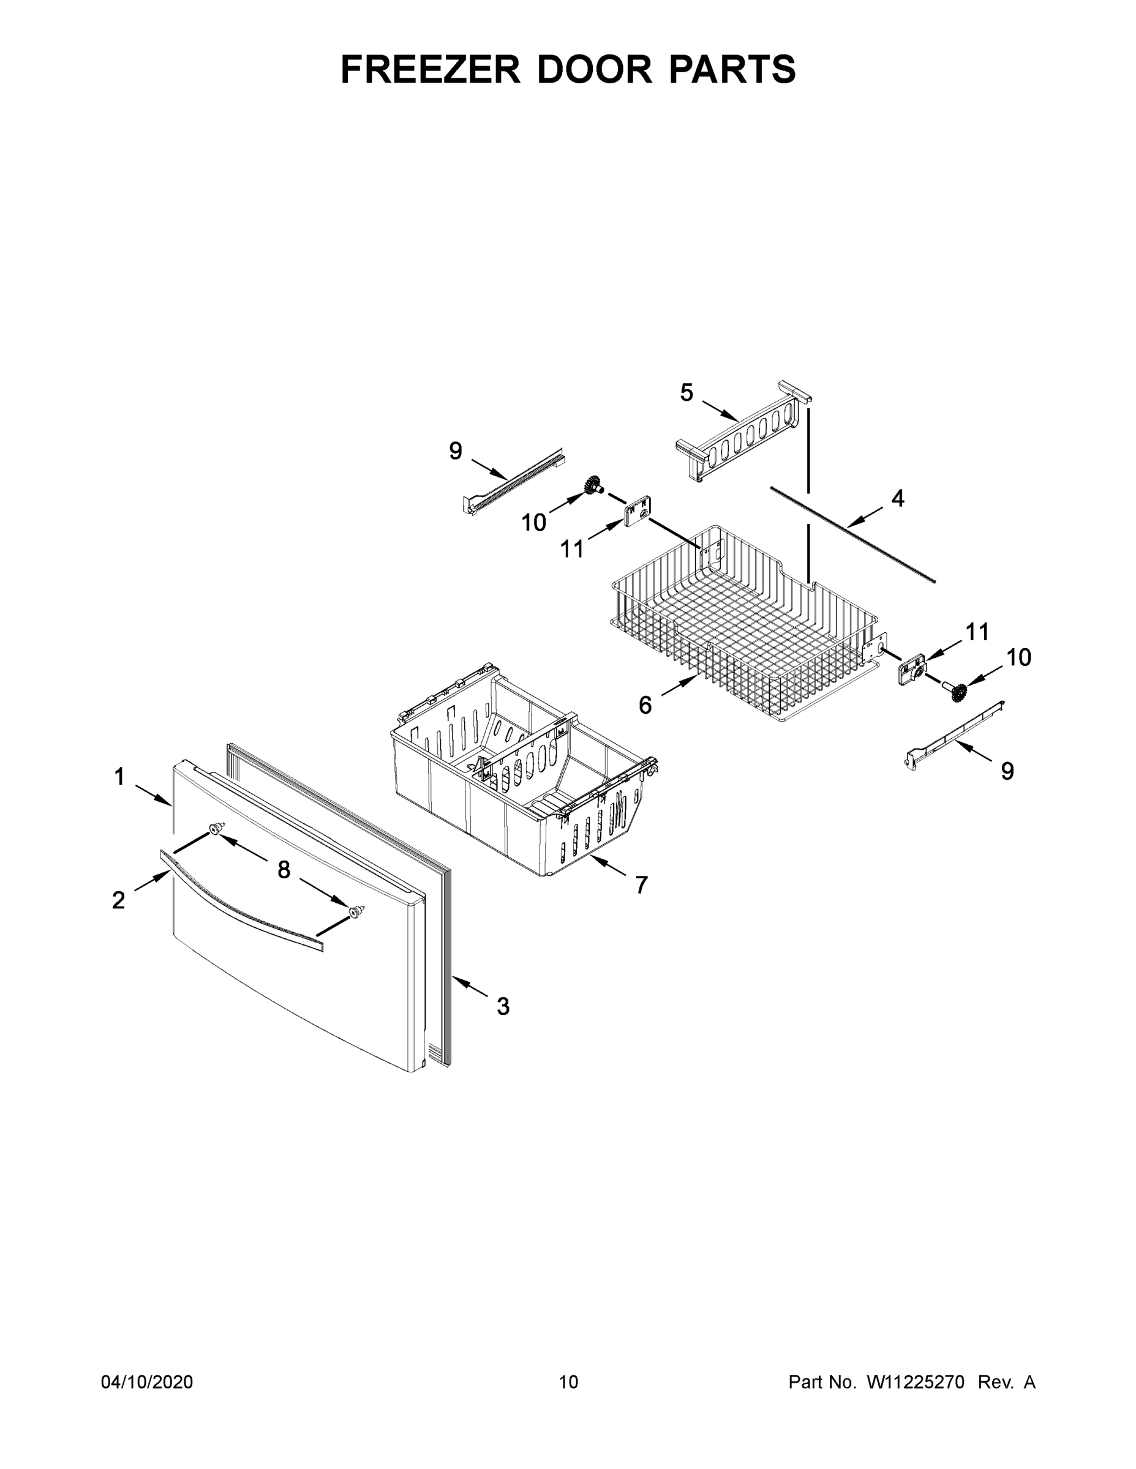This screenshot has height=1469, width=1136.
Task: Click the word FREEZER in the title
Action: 430,69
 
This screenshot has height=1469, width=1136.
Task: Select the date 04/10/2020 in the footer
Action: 147,1381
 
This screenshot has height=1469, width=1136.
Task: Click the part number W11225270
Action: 916,1381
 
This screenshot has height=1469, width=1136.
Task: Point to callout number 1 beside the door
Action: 120,777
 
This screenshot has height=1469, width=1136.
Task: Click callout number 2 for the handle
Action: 118,900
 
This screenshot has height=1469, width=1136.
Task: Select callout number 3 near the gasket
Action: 503,1025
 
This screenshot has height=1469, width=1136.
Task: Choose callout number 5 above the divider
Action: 686,393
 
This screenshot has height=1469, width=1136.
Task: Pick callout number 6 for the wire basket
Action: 645,705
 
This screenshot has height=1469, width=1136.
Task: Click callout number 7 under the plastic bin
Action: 641,885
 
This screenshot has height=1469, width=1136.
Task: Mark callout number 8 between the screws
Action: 284,870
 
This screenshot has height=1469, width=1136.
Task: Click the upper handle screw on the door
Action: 216,829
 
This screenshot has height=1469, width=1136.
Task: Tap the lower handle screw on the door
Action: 356,911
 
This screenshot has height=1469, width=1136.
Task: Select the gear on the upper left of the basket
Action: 593,484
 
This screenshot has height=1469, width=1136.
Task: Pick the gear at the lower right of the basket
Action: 958,691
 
